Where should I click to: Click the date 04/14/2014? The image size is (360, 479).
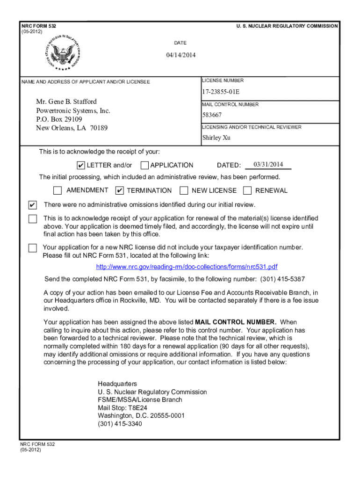coord(180,55)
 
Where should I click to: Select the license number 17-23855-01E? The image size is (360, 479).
coord(221,92)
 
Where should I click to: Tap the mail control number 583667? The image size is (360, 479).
coord(212,115)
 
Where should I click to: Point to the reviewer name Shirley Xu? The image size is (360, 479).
coord(216,138)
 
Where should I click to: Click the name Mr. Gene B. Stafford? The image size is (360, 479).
coord(66,102)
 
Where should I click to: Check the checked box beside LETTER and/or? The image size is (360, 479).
coord(81,165)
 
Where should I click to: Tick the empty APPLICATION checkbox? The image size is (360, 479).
coord(144,165)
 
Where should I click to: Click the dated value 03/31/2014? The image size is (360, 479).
coord(268,164)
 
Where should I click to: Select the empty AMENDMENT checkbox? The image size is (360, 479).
coord(58,190)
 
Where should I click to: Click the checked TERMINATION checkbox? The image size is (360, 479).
coord(120,190)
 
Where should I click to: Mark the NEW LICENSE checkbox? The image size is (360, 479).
coord(184,190)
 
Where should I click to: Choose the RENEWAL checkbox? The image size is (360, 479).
coord(247,190)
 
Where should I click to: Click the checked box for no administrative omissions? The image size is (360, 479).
coord(32,205)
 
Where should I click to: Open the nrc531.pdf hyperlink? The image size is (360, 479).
coord(187,267)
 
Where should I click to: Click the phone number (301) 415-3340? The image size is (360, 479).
coord(120,424)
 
